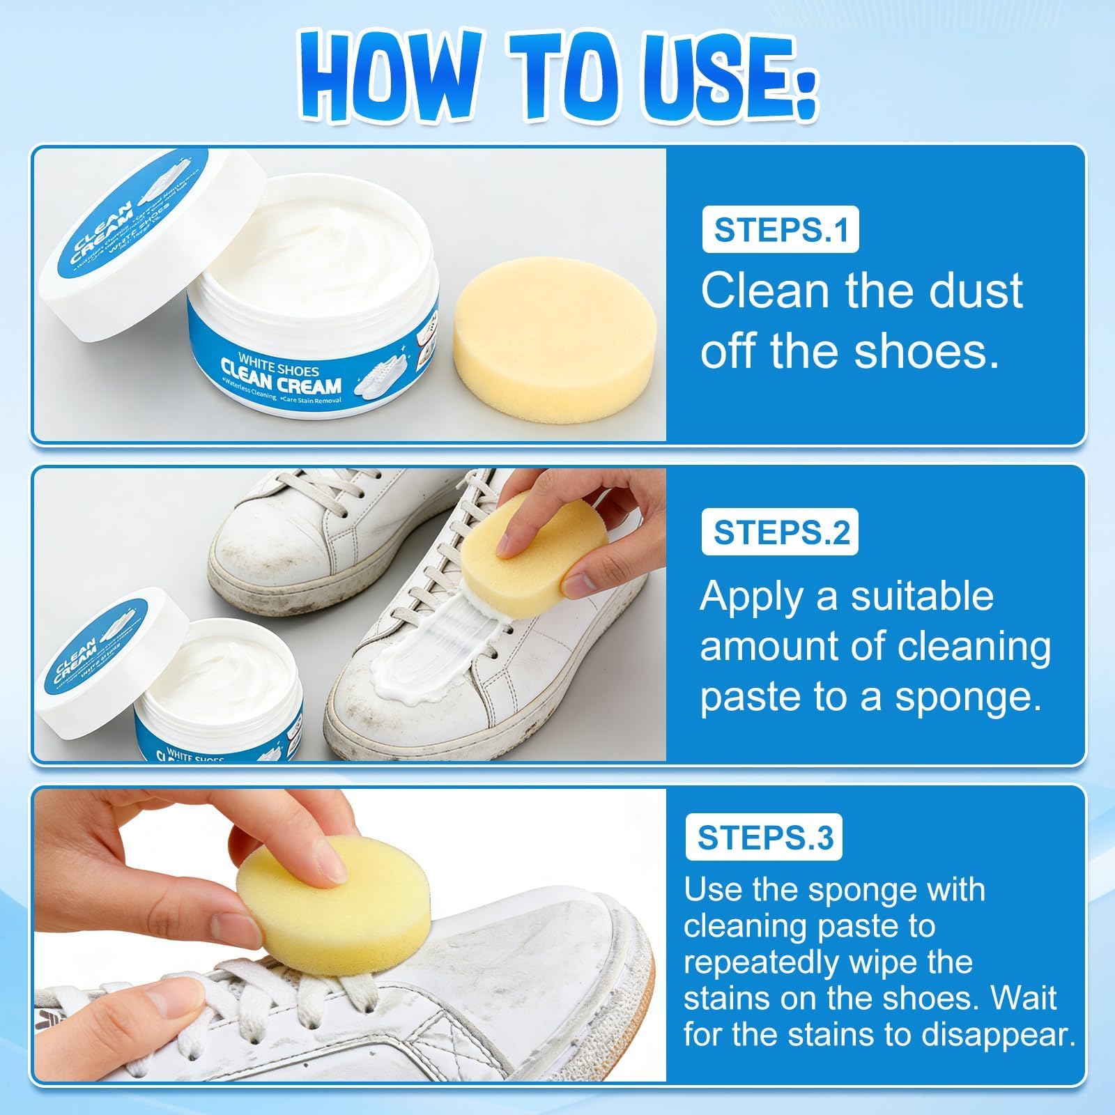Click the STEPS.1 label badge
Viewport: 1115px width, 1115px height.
780,230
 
